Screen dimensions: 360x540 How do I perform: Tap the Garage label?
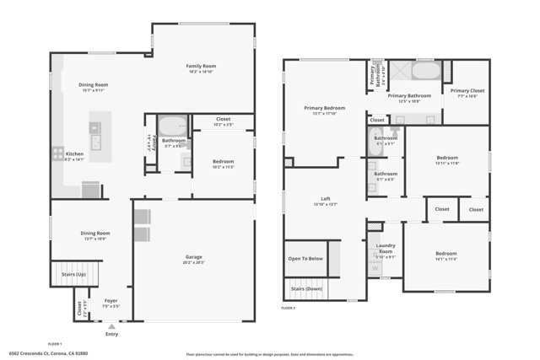coord(194,257)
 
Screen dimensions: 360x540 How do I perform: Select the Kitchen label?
coord(75,154)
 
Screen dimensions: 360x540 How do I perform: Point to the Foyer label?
coord(111,299)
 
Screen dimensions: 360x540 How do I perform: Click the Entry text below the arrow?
coord(112,335)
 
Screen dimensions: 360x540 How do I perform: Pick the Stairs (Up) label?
coord(74,274)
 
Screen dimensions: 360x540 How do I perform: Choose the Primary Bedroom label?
coord(325,108)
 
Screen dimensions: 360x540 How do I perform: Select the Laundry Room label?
coord(385,251)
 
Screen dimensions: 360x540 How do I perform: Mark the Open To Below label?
coord(305,259)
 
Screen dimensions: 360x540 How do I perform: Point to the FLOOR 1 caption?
coord(56,344)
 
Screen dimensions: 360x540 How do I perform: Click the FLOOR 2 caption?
coord(289,309)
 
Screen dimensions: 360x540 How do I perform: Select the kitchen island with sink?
coord(94,139)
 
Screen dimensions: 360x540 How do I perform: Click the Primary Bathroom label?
coord(409,95)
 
